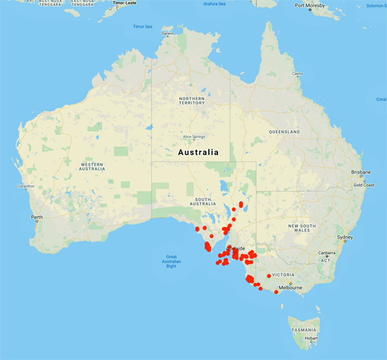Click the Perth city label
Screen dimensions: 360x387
click(x=37, y=217)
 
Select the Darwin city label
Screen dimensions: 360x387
click(x=168, y=34)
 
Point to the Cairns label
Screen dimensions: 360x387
click(x=297, y=74)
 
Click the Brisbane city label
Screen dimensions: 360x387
click(x=361, y=172)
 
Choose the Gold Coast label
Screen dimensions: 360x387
click(x=364, y=185)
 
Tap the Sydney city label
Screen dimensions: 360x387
click(x=344, y=237)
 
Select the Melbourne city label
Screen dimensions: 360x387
click(x=290, y=288)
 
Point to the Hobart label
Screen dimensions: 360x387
click(x=312, y=337)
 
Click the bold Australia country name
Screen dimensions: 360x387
click(x=198, y=152)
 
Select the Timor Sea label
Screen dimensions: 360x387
click(x=143, y=26)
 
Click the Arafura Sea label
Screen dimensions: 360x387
click(x=215, y=4)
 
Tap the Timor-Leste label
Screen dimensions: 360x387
click(x=125, y=3)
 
